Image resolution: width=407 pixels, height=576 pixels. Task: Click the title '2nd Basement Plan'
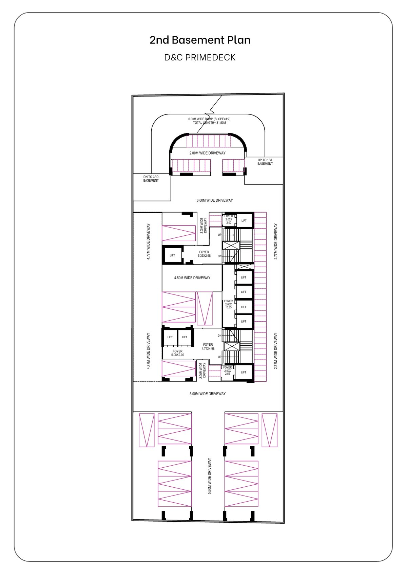click(x=200, y=40)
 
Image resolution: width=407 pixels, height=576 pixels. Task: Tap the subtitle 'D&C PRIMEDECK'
click(x=200, y=57)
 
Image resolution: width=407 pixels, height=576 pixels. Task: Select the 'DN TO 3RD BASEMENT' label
click(x=151, y=179)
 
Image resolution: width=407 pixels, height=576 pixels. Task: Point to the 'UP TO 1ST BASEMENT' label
click(x=265, y=162)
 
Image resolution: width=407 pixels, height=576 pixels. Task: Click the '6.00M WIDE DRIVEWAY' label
click(x=215, y=200)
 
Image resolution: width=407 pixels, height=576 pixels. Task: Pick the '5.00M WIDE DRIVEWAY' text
click(x=208, y=393)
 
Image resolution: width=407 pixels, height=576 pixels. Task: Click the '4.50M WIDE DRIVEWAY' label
click(x=192, y=278)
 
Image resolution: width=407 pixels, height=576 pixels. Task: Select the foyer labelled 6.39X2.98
click(x=204, y=254)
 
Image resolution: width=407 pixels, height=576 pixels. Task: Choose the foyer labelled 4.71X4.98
click(x=208, y=346)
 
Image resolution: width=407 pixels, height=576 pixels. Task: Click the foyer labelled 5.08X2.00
click(x=177, y=353)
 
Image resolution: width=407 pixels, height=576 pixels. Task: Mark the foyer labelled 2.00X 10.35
click(x=228, y=304)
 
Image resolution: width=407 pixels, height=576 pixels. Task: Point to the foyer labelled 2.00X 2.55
click(x=228, y=371)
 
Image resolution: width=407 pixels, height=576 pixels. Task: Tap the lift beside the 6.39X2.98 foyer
click(x=172, y=255)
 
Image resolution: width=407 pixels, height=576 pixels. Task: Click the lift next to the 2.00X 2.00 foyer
click(x=244, y=221)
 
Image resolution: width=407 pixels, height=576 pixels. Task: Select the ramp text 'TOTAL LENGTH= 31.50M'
click(x=210, y=123)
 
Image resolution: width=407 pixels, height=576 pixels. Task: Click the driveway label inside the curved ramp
click(x=208, y=153)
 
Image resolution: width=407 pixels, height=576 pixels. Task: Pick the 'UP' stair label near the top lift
click(x=219, y=235)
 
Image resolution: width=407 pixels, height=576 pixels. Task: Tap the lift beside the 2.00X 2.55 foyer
click(x=244, y=372)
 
